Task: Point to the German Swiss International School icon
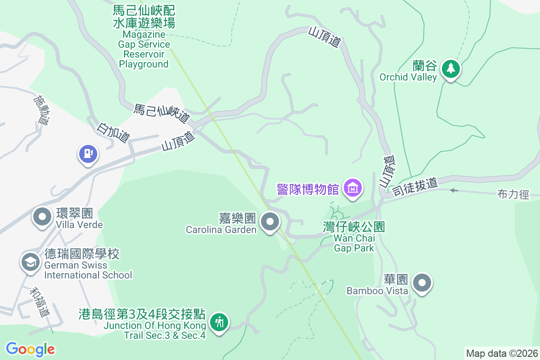(31, 262)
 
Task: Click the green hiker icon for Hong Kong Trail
(219, 322)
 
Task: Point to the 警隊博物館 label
(308, 189)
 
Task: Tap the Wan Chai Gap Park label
(355, 237)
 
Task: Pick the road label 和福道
(40, 302)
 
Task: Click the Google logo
(30, 349)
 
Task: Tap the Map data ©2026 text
(502, 353)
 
